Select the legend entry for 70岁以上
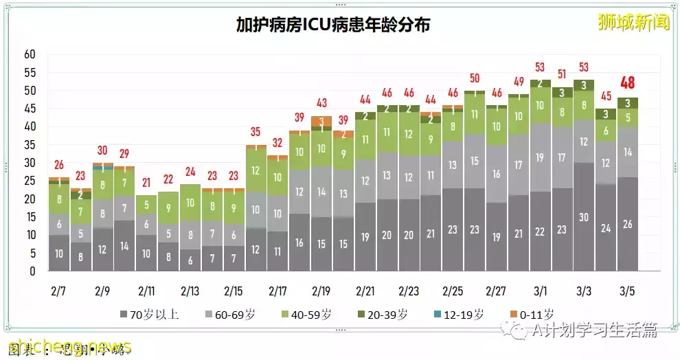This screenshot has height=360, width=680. coord(150,315)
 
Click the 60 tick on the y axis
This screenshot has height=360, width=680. coord(30,54)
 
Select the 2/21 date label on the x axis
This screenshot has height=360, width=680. coord(365,291)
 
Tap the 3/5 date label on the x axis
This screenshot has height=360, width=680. coord(628,291)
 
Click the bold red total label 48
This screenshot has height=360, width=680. coord(627,83)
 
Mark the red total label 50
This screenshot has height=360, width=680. coord(475,78)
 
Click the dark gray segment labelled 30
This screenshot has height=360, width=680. coord(584,217)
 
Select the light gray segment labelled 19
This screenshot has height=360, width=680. coord(540,157)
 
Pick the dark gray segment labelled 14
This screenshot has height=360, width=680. coord(124,245)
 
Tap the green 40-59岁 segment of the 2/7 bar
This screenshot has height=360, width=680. coord(58,199)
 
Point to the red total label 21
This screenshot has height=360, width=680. coord(146,183)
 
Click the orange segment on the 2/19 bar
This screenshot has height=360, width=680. coord(321,121)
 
